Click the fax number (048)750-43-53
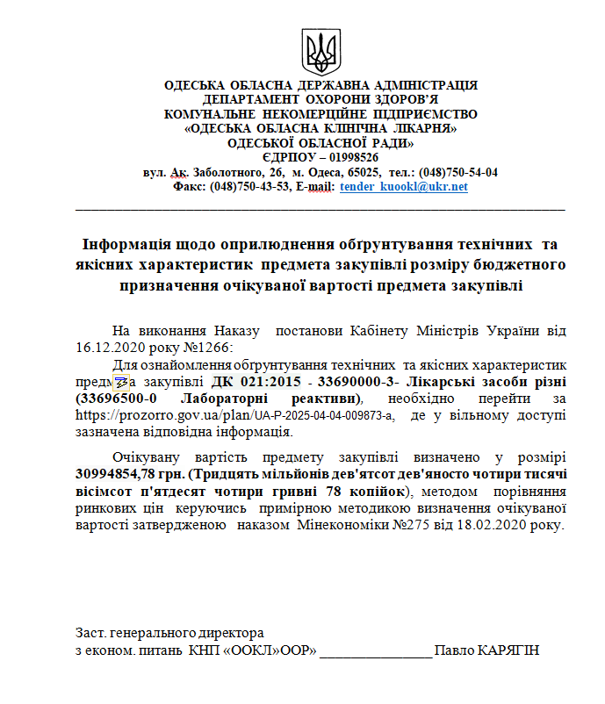click(251, 187)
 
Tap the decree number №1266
click(209, 348)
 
